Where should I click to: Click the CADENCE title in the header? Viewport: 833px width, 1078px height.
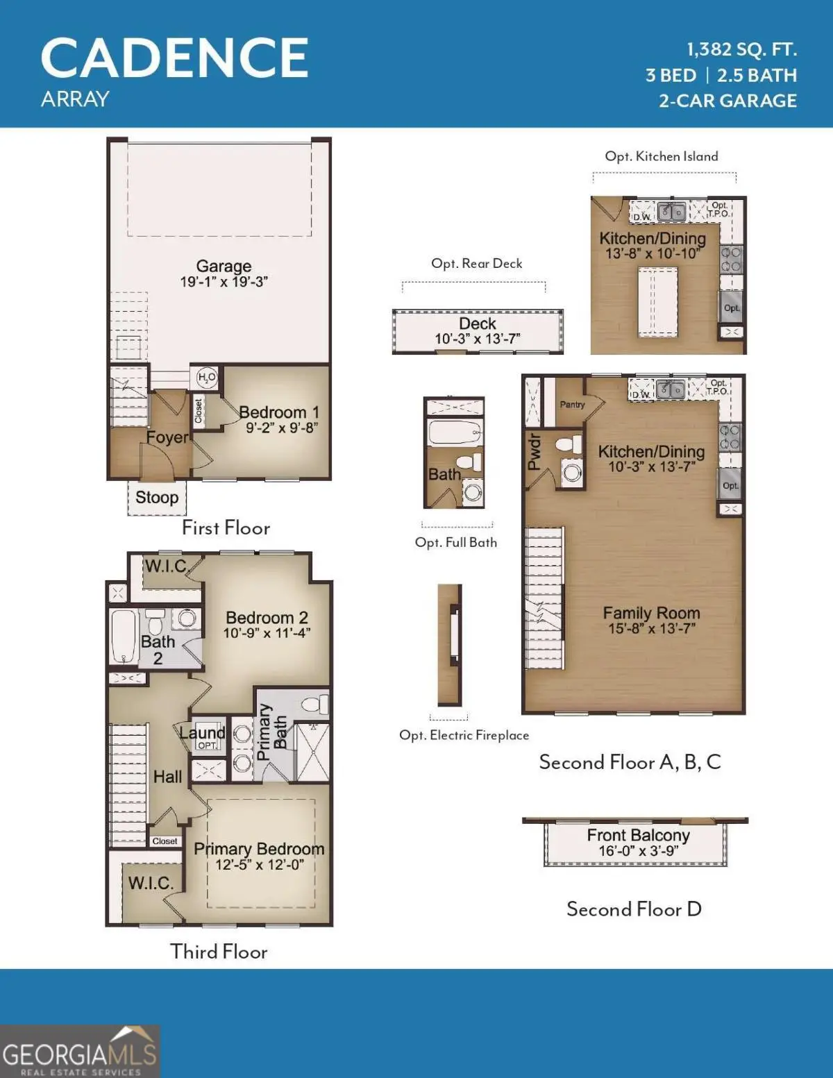tap(174, 58)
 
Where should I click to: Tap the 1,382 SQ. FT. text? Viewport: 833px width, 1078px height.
tap(741, 50)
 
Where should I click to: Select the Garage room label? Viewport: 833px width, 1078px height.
tap(224, 267)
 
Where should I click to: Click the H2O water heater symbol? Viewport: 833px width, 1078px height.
tap(207, 378)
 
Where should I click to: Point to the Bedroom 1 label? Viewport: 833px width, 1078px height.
tap(279, 412)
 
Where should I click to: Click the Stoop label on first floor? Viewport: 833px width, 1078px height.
tap(157, 497)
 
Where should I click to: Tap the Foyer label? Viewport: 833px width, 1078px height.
tap(167, 437)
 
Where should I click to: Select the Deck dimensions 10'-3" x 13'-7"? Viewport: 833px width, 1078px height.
tap(478, 339)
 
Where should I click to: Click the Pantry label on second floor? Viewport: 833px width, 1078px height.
tap(572, 405)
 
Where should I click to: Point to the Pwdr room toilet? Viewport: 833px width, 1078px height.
tap(569, 445)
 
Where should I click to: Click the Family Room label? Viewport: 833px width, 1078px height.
tap(651, 613)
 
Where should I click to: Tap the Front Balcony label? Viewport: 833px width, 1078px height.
tap(638, 835)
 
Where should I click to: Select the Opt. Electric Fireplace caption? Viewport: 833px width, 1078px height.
tap(464, 735)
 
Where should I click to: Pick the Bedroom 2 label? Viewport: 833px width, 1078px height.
tap(267, 618)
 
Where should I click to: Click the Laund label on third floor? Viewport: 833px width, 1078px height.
tap(202, 733)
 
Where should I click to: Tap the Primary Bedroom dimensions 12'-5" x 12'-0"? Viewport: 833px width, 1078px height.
tap(260, 865)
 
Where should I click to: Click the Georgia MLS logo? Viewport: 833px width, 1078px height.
tap(79, 1052)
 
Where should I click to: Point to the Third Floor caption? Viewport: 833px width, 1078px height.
tap(219, 952)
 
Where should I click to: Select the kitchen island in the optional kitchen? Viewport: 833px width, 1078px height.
tap(657, 301)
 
